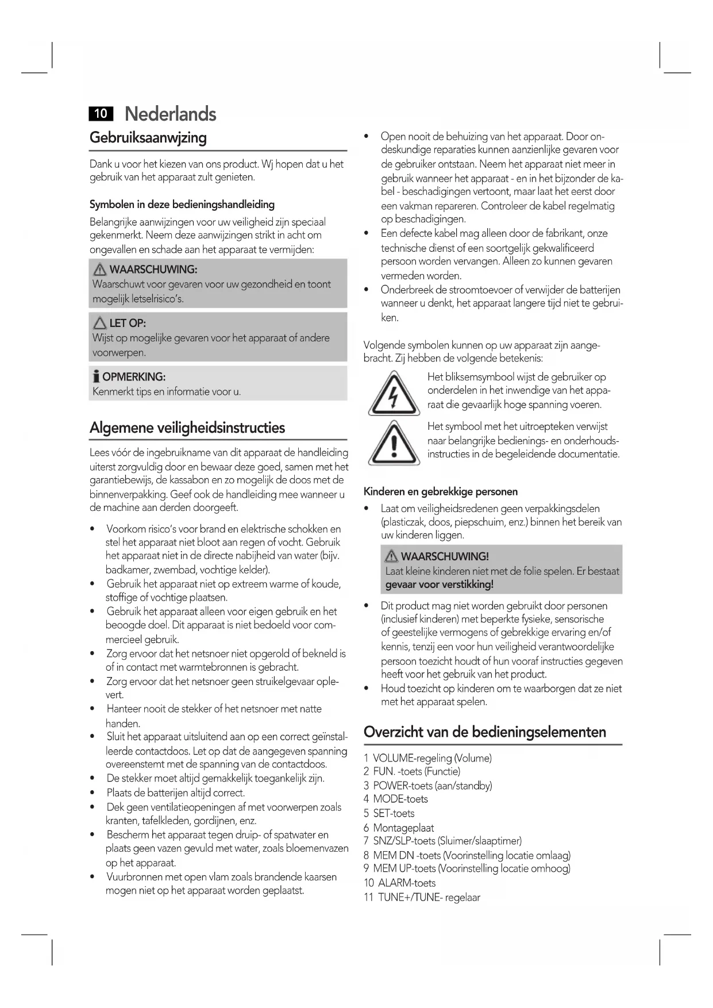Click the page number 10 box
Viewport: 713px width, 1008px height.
pos(101,114)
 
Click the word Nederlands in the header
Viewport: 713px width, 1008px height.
pos(170,114)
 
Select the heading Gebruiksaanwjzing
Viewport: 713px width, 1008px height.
pos(148,138)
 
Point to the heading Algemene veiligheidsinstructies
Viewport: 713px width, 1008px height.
pos(187,428)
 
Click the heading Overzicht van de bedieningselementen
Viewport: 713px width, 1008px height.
pos(485,732)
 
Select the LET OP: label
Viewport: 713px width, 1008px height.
pos(127,323)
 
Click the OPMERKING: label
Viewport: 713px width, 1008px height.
pos(133,377)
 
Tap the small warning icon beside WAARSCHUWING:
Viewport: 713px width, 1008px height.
pos(100,269)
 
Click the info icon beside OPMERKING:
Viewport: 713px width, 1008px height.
pos(96,377)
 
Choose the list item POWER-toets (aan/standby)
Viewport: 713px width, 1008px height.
pos(432,786)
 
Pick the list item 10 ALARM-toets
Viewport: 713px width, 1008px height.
pos(400,883)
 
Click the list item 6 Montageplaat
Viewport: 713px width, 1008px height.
pos(398,828)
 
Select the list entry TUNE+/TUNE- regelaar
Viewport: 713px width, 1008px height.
pos(428,897)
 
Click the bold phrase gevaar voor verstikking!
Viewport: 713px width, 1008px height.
pos(440,585)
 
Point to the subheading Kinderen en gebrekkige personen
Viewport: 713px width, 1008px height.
pos(441,491)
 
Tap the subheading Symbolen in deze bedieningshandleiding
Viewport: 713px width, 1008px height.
pos(182,205)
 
